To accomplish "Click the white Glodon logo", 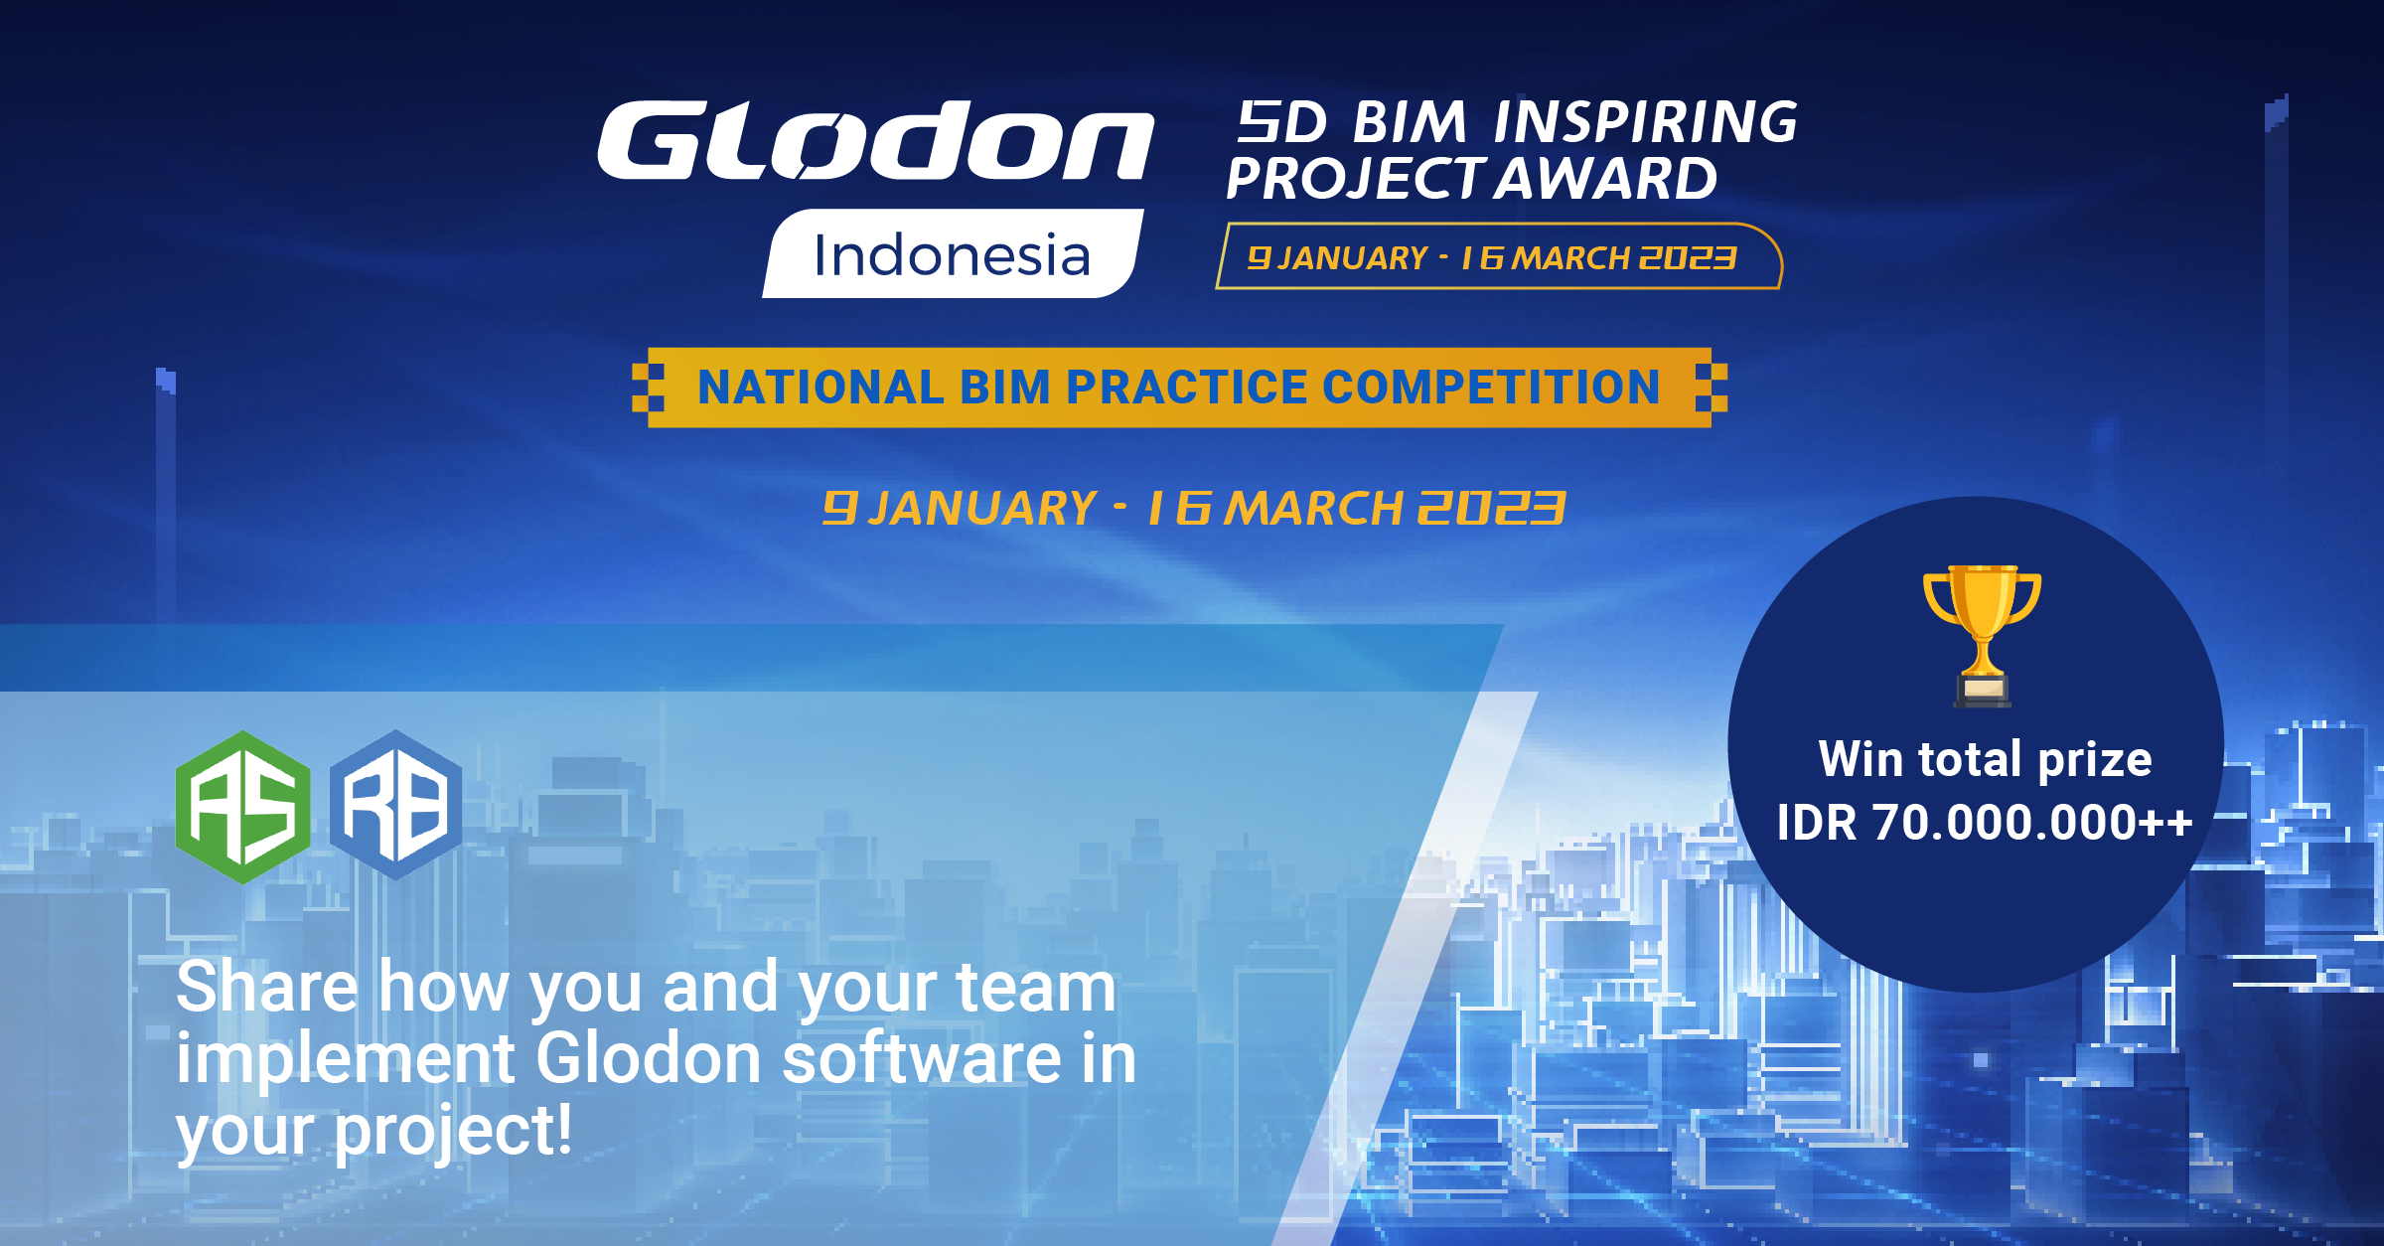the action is coord(875,140).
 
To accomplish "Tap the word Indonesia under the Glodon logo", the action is coord(952,255).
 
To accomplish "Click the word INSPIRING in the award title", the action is coord(1646,122).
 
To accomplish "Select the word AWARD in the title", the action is coord(1606,179).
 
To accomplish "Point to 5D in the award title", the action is coord(1281,122).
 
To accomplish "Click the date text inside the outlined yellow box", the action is coord(1492,258).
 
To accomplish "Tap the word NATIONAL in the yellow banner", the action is coord(820,388).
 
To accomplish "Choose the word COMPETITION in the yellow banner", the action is coord(1491,388).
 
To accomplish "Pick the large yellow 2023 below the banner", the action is coord(1491,509).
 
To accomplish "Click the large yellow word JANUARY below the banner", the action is coord(982,509).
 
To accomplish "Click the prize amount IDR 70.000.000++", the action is coord(1985,823).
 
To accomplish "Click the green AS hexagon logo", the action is coord(243,807).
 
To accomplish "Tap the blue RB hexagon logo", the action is coord(396,806).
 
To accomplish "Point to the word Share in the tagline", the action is coord(267,988).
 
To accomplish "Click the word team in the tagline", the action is coord(1036,988).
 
